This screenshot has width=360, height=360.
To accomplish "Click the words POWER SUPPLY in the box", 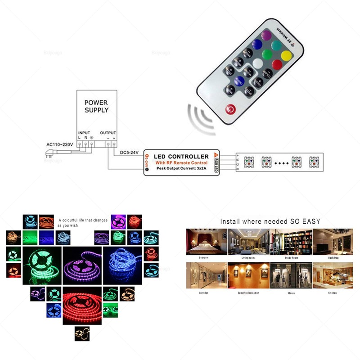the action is [x=96, y=106].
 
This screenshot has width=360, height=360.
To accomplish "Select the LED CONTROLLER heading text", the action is [x=181, y=156].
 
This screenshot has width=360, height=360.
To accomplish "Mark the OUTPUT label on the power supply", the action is [x=108, y=133].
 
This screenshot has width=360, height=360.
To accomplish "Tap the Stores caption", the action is [x=291, y=293].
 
